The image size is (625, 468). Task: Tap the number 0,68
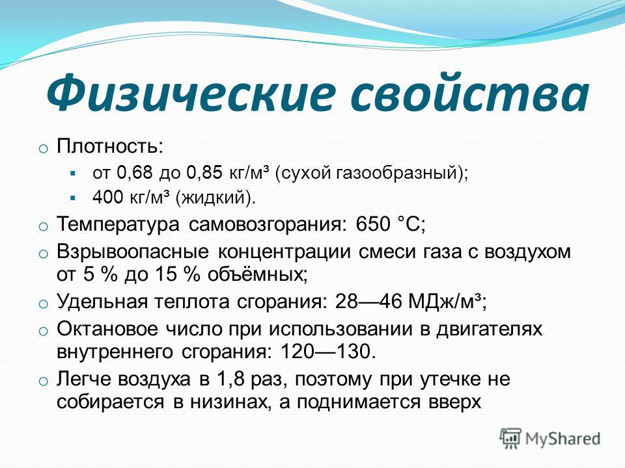(x=135, y=173)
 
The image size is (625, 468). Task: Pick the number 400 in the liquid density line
(x=107, y=198)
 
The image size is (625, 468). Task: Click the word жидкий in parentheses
(x=214, y=198)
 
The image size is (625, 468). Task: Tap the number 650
(x=372, y=224)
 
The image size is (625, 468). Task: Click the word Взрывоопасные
(x=132, y=252)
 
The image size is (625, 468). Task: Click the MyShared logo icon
(x=510, y=439)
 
